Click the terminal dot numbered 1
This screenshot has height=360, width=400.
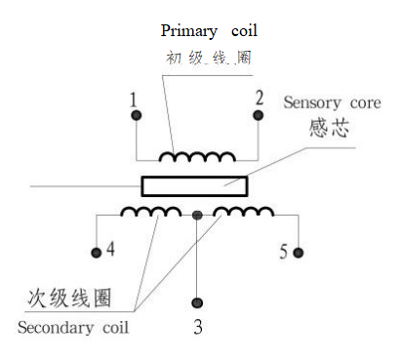136,116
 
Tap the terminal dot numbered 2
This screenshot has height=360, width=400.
259,115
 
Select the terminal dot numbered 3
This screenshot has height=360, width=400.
198,302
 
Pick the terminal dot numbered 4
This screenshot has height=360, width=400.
96,254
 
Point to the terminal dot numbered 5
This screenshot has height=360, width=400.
299,254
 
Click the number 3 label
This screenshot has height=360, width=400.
198,328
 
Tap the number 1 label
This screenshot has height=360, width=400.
134,100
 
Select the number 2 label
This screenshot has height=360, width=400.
260,99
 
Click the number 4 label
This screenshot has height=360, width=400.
110,250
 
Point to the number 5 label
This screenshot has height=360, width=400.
284,252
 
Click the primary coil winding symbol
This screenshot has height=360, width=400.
198,156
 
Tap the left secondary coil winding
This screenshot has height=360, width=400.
150,212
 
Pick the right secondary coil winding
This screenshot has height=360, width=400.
244,212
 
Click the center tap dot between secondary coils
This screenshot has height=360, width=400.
198,214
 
